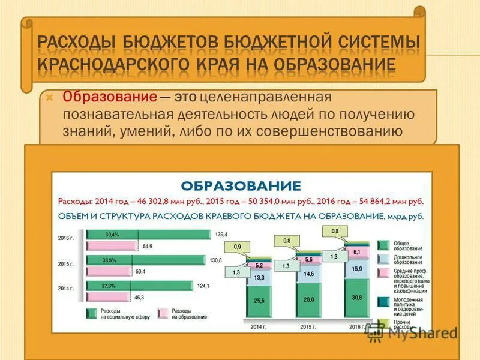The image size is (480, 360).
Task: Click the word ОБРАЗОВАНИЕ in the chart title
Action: pyautogui.click(x=240, y=185)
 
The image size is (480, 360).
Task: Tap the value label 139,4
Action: pyautogui.click(x=221, y=234)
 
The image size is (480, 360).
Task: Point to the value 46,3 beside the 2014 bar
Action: pyautogui.click(x=139, y=297)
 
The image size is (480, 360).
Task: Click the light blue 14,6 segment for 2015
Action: pyautogui.click(x=310, y=274)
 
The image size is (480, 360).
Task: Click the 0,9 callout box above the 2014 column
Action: pyautogui.click(x=237, y=247)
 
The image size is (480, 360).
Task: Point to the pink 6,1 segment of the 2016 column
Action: pyautogui.click(x=357, y=252)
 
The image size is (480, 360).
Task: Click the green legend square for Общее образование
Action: pyautogui.click(x=382, y=245)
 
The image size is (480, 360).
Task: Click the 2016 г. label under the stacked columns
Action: pyautogui.click(x=357, y=327)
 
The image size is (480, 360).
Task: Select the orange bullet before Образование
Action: pyautogui.click(x=50, y=96)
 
